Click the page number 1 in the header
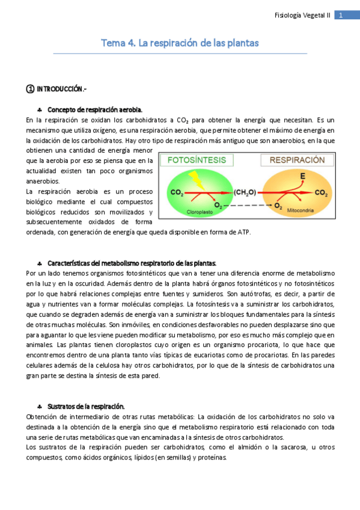[x=341, y=15]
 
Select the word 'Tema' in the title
[x=109, y=43]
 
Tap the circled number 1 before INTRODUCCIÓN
[x=30, y=89]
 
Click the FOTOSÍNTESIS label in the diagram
[x=196, y=161]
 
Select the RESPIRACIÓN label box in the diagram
[x=293, y=161]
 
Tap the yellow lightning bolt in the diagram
[x=195, y=178]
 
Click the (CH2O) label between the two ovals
[x=245, y=192]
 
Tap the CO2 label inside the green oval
[x=177, y=192]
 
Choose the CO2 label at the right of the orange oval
[x=321, y=192]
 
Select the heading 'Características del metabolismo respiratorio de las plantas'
[x=131, y=263]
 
